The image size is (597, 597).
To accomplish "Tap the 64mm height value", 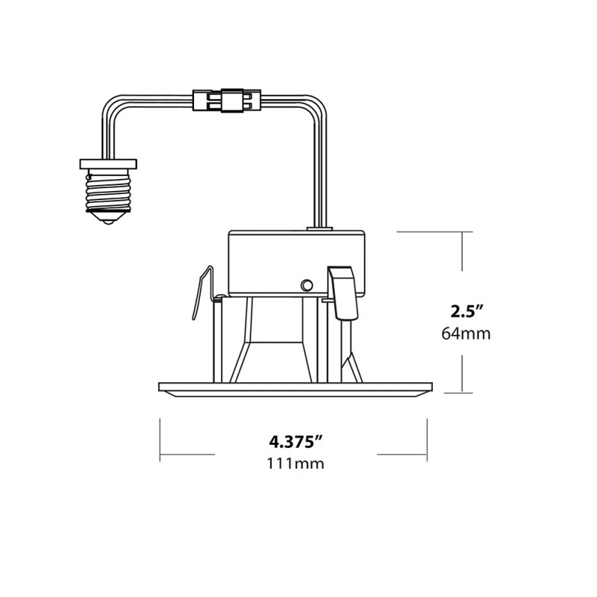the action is (x=466, y=334).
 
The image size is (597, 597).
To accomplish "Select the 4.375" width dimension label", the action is (x=296, y=442).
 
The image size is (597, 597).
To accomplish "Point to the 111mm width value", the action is (x=296, y=463).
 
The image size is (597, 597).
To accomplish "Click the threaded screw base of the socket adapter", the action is (x=108, y=191).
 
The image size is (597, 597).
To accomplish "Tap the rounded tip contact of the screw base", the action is (x=108, y=222).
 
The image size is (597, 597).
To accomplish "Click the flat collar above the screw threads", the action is (x=108, y=164).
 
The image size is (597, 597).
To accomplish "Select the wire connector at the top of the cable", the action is (x=227, y=101).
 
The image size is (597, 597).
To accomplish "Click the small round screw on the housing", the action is (x=307, y=285).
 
